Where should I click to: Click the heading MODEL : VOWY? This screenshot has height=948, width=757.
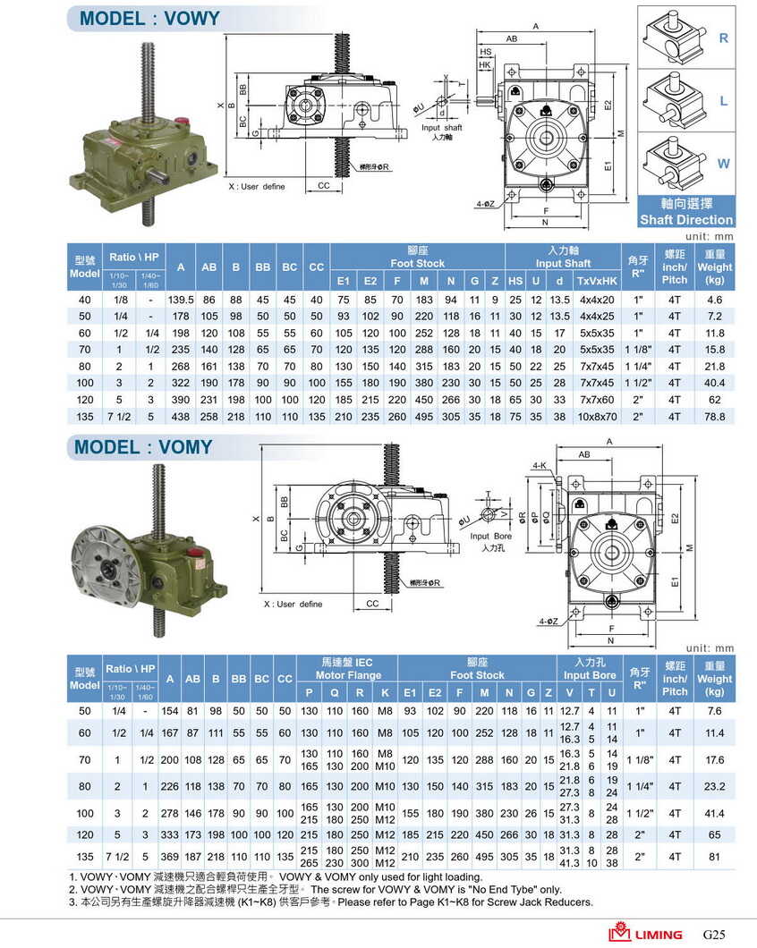pos(149,18)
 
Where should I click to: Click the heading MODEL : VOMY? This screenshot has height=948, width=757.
pos(143,447)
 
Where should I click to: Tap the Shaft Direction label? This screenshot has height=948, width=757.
pos(685,220)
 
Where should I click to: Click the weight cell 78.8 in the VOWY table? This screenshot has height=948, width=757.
pos(714,417)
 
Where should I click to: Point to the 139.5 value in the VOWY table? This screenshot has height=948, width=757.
pos(181,299)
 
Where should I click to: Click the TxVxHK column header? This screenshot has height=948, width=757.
pos(597,281)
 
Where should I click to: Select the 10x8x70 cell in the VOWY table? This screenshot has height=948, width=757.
pos(597,417)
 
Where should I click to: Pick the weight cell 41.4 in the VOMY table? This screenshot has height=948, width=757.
pos(714,814)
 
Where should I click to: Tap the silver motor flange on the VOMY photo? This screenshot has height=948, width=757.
pos(106,565)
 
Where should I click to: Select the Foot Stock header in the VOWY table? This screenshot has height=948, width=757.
pos(417,264)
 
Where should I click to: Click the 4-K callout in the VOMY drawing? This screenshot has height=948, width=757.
pos(539,466)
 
